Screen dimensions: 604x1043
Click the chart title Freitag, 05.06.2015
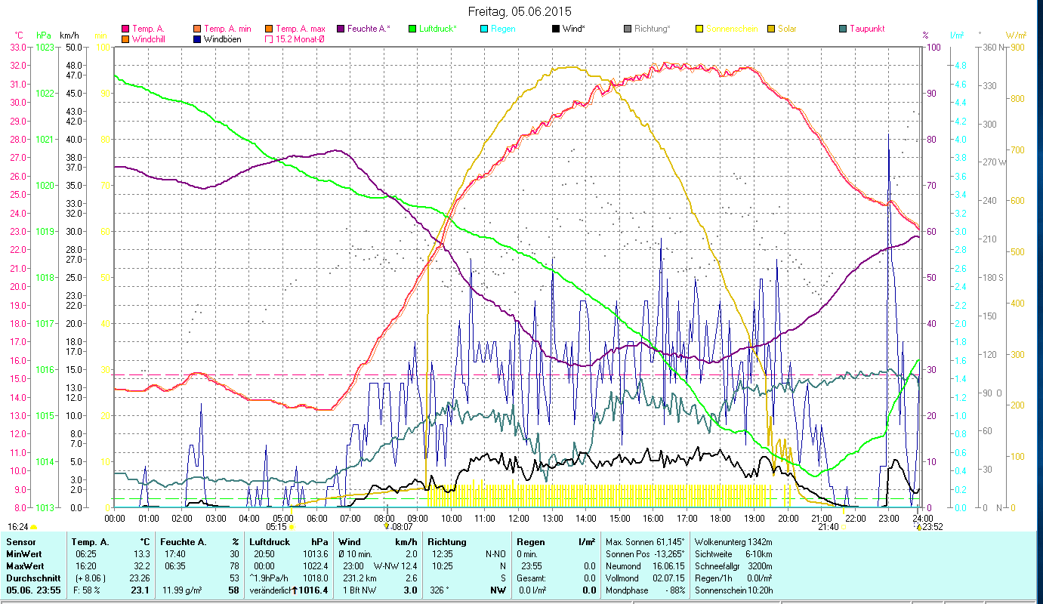(520, 11)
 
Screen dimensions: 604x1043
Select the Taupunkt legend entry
(866, 29)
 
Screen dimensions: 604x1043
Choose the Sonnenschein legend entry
(732, 29)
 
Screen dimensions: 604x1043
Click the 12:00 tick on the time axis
(518, 518)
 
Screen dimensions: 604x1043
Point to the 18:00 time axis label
(721, 518)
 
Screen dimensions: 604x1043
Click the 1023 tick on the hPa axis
(45, 47)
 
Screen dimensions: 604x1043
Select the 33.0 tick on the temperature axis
(17, 47)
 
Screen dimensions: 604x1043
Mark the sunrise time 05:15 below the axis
(276, 526)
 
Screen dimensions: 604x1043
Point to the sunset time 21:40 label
(828, 526)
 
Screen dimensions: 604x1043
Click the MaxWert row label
(25, 565)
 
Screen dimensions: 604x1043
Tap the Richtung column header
(447, 541)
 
